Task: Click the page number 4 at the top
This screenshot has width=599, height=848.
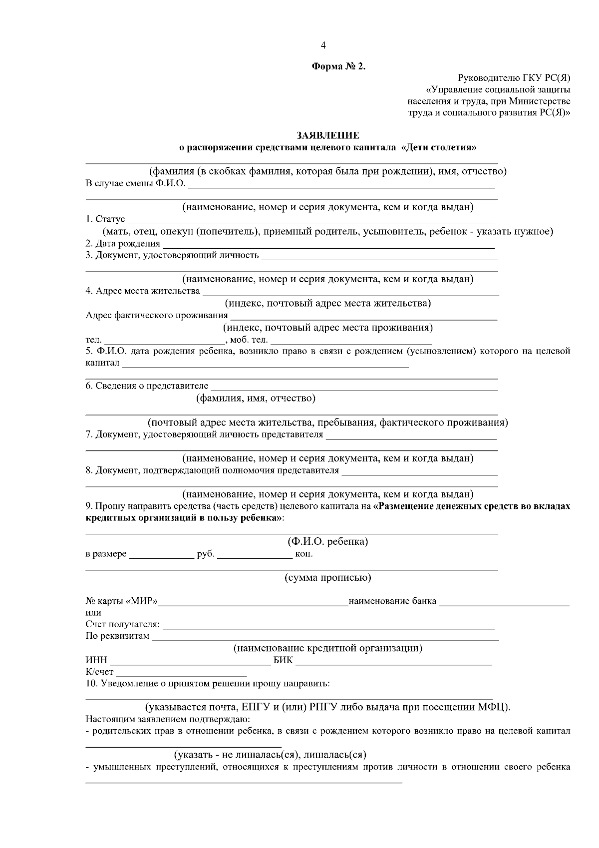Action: coord(323,45)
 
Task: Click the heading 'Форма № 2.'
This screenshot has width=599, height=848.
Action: coord(338,66)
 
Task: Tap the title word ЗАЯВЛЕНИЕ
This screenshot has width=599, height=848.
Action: coord(327,136)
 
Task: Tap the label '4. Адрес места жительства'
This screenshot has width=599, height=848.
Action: coord(143,291)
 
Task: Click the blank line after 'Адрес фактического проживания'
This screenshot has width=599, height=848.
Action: coord(363,316)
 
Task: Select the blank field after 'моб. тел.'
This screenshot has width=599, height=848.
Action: coord(350,341)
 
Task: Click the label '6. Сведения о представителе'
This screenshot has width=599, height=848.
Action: coord(147,386)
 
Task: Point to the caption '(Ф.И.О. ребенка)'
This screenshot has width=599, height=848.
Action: coord(327,542)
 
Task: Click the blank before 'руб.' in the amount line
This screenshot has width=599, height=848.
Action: coord(161,554)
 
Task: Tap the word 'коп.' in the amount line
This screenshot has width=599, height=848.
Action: coord(304,554)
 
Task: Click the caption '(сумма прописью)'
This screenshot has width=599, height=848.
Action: coord(327,578)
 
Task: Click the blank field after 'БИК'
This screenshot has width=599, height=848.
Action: coord(394,662)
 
